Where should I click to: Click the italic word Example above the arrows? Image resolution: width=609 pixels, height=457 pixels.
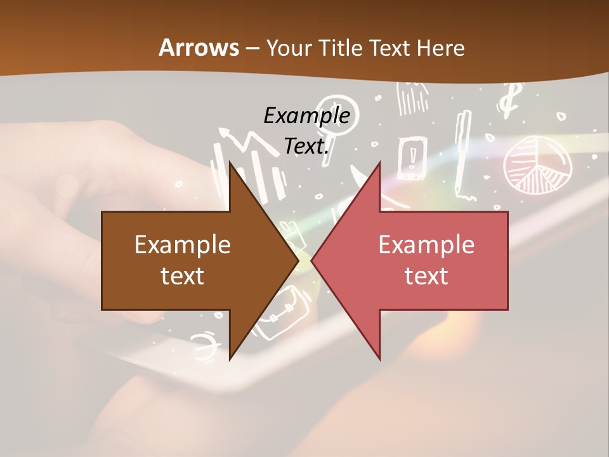[306, 116]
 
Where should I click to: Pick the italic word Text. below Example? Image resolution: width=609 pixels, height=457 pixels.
[306, 147]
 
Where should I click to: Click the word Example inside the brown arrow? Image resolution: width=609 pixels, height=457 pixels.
[183, 244]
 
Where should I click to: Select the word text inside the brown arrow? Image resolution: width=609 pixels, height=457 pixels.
[183, 276]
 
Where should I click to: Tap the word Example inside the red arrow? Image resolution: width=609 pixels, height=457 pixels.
[426, 244]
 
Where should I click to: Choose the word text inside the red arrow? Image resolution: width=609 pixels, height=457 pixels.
[426, 276]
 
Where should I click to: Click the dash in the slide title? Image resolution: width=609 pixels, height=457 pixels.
[252, 48]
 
